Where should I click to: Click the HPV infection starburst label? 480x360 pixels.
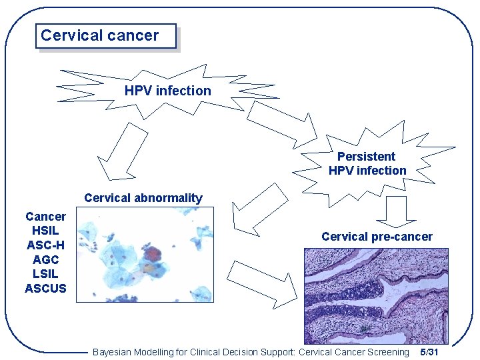(x=167, y=91)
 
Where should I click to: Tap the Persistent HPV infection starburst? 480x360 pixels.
(x=367, y=163)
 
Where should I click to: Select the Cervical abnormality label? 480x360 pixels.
(x=143, y=198)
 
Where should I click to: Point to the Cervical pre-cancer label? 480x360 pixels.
(x=377, y=237)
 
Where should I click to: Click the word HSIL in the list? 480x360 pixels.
(x=45, y=231)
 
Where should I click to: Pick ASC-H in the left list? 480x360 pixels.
(x=45, y=245)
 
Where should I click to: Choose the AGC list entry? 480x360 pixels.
(x=45, y=260)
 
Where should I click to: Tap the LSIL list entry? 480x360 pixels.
(x=45, y=274)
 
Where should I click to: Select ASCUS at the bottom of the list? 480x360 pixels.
(x=45, y=289)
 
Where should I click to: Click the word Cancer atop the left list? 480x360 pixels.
(x=45, y=217)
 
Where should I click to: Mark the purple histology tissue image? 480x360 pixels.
(x=376, y=296)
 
